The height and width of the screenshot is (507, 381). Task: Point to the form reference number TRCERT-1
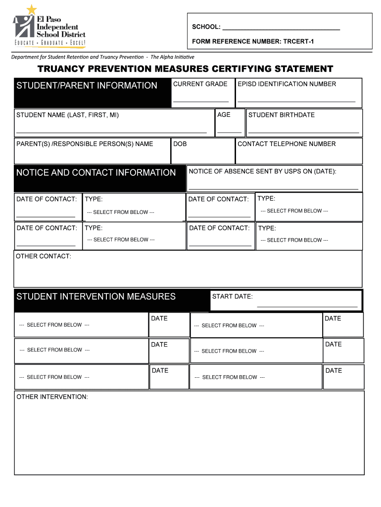[x=253, y=42]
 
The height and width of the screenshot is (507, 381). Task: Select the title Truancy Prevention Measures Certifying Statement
[x=185, y=69]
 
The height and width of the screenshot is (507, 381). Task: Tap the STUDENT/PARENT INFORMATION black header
[x=87, y=86]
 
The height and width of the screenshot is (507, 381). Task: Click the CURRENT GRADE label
[x=200, y=84]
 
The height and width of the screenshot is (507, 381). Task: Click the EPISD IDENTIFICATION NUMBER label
[x=286, y=84]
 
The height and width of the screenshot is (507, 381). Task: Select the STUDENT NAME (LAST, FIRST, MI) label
[x=67, y=115]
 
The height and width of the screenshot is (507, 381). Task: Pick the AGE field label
[x=224, y=115]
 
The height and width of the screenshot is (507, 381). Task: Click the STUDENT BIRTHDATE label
[x=281, y=115]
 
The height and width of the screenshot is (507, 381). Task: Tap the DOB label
[x=180, y=144]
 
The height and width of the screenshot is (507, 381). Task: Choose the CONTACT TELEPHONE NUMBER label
[x=286, y=144]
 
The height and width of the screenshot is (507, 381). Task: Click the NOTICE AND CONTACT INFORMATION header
[x=96, y=173]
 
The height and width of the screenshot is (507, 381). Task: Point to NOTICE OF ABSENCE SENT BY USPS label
[x=262, y=171]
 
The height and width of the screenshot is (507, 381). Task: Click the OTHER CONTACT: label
[x=44, y=256]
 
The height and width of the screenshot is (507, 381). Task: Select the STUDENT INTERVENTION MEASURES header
[x=96, y=297]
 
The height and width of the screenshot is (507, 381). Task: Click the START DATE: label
[x=232, y=297]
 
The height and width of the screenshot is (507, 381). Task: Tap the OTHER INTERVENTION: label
[x=52, y=397]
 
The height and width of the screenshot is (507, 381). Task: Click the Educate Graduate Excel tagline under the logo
[x=49, y=44]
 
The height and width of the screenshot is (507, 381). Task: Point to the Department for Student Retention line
[x=103, y=57]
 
